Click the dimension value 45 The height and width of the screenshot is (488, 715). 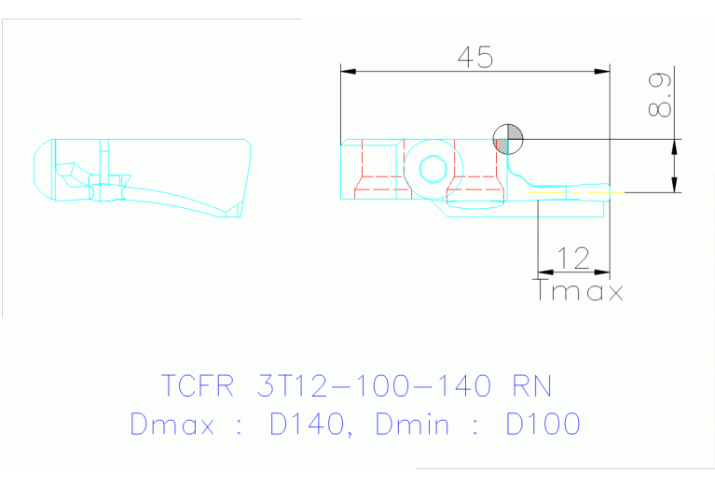coord(474,57)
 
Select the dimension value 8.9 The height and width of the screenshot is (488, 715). coord(660,96)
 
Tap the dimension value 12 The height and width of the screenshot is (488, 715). coord(571,258)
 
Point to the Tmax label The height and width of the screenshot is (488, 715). coord(580,291)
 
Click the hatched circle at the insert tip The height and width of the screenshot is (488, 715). coord(508,139)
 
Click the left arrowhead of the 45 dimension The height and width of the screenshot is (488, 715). coord(347,70)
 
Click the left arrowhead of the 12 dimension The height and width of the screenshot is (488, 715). coord(543,272)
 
